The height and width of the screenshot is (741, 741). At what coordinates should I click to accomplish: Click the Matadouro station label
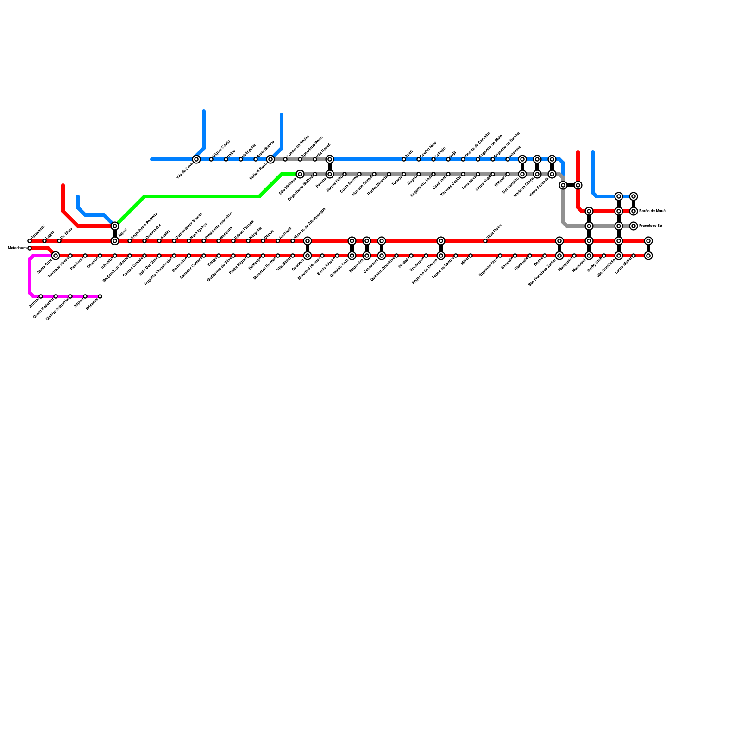tap(17, 248)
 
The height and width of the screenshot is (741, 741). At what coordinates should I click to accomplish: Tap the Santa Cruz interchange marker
tap(56, 256)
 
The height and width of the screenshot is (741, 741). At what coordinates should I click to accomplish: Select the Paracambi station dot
tap(30, 241)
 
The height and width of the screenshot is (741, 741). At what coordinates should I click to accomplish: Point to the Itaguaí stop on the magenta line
tap(85, 296)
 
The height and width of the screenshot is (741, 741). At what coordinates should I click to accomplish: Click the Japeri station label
tap(122, 233)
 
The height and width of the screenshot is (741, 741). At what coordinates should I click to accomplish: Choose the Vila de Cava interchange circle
tap(196, 159)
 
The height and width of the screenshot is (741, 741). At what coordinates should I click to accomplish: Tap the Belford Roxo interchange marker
tap(270, 159)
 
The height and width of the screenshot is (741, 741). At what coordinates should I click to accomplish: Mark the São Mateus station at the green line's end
tap(300, 174)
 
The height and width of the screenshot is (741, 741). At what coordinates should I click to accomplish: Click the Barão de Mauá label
tap(652, 211)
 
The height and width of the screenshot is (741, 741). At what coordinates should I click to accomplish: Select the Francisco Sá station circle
tap(634, 226)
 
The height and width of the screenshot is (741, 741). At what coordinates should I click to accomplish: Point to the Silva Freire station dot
tap(485, 241)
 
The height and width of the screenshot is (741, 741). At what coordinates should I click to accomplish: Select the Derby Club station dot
tap(604, 256)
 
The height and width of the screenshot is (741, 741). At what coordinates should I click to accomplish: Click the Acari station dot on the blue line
tap(404, 159)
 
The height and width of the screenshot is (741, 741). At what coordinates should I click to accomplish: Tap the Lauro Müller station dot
tap(634, 256)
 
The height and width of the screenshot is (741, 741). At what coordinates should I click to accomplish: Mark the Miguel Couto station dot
tap(211, 159)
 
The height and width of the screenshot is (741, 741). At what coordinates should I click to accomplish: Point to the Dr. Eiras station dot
tap(59, 241)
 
